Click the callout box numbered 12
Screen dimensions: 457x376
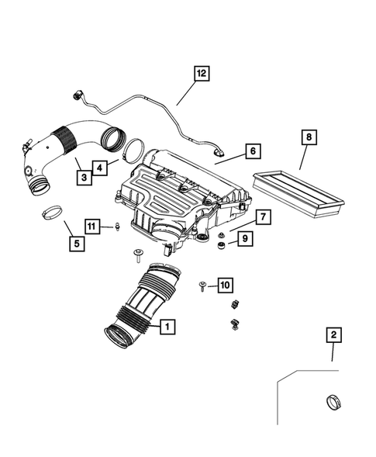tap(201, 74)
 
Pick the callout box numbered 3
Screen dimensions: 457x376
tap(100, 166)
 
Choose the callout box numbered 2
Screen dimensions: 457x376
tap(333, 335)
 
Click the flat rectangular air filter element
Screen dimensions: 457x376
tap(298, 193)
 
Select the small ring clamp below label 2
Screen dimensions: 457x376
tap(332, 403)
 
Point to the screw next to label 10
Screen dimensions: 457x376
tap(203, 286)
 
